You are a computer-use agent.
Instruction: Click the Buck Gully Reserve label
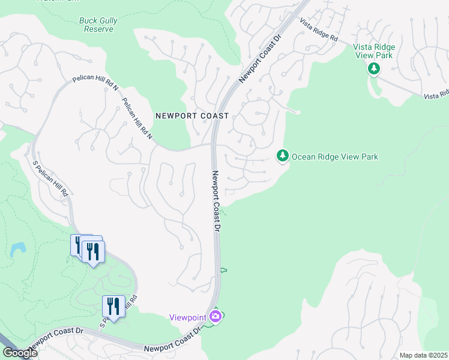(x=98, y=25)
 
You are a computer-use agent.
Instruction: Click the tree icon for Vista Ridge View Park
(x=374, y=69)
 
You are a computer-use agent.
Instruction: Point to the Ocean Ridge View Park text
(x=335, y=157)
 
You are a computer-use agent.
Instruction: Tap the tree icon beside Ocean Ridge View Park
(x=283, y=156)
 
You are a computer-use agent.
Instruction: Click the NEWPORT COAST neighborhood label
(x=191, y=116)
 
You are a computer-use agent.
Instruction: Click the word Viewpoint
(x=188, y=317)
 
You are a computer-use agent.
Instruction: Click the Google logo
(x=19, y=352)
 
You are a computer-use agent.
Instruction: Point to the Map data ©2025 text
(x=423, y=355)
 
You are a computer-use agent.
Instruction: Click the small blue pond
(x=17, y=249)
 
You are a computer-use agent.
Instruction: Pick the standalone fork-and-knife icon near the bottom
(x=113, y=307)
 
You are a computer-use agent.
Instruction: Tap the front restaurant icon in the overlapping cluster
(x=93, y=251)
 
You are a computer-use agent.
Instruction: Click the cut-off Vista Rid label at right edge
(x=436, y=95)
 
